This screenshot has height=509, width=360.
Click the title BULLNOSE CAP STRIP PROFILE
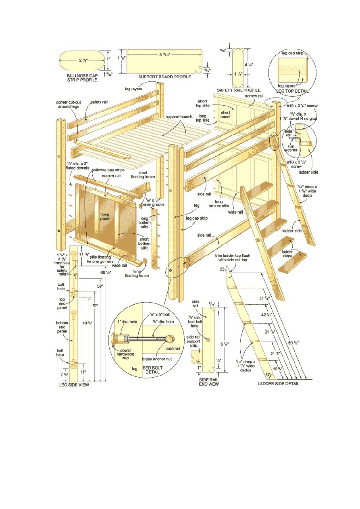click(x=82, y=78)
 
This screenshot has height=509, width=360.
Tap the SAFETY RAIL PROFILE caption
click(x=239, y=90)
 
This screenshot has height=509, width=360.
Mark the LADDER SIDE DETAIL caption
click(x=279, y=384)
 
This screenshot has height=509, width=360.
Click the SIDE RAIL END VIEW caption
click(x=209, y=382)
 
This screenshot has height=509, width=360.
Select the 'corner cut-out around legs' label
click(x=69, y=105)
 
